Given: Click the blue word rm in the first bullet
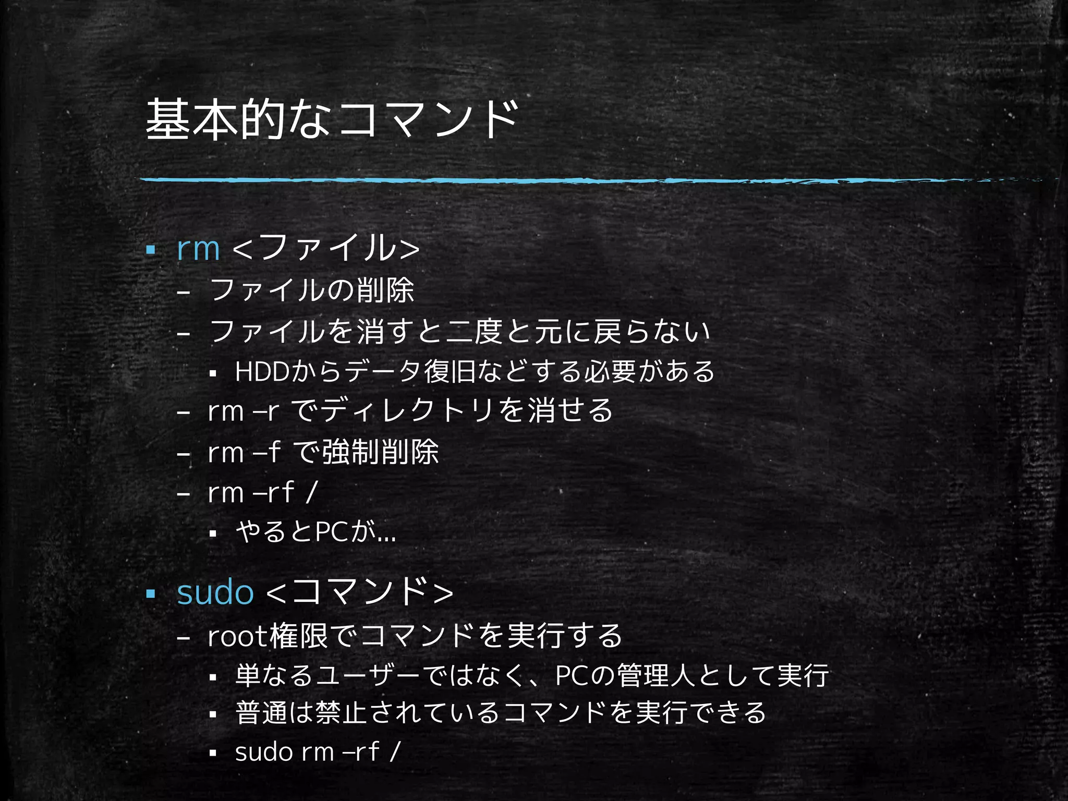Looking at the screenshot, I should (198, 248).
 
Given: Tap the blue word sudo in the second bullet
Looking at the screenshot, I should (215, 592).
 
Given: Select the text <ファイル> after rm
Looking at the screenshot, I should (326, 248).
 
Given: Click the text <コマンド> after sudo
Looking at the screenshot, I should (360, 592).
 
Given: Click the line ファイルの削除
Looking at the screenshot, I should (311, 290).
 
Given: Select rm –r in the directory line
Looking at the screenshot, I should (243, 411).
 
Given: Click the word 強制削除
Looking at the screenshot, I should (380, 452).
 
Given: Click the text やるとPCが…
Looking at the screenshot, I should (315, 532).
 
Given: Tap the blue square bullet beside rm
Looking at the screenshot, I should (151, 250).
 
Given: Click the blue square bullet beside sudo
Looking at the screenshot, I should (151, 593).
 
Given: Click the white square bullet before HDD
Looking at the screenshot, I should (212, 373).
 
